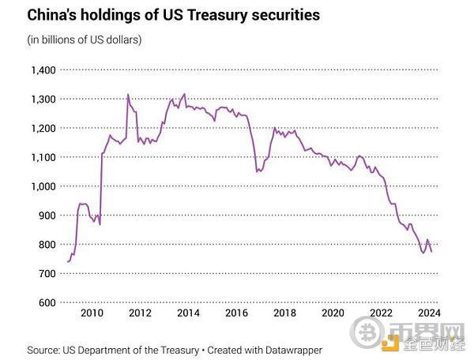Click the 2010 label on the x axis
(92, 313)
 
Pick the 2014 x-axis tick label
(188, 313)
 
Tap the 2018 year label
(284, 313)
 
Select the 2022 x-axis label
(379, 313)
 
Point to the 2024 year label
(427, 313)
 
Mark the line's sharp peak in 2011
(128, 95)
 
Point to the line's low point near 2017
(258, 171)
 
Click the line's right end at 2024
(431, 250)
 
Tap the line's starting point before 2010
(68, 261)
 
